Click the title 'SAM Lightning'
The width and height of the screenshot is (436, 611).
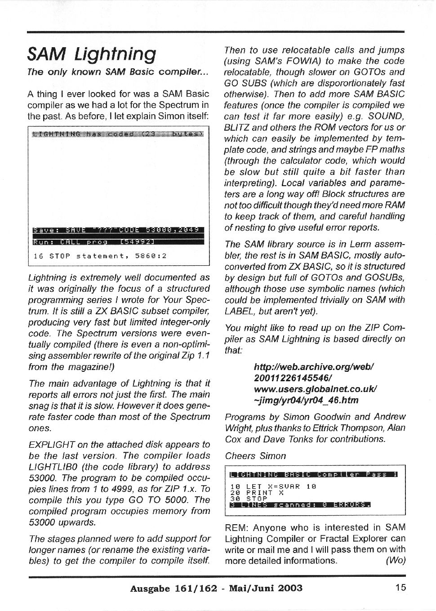pyautogui.click(x=92, y=54)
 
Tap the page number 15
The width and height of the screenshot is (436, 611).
pyautogui.click(x=401, y=587)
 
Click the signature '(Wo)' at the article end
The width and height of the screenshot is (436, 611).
pyautogui.click(x=396, y=561)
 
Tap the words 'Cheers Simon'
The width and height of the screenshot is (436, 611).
pyautogui.click(x=255, y=456)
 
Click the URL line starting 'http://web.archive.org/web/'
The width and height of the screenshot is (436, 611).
pyautogui.click(x=314, y=367)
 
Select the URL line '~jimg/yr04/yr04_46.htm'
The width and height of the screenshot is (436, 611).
pyautogui.click(x=306, y=400)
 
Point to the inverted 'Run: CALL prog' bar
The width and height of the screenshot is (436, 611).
pyautogui.click(x=119, y=242)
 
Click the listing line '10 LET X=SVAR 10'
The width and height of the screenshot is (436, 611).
pyautogui.click(x=273, y=486)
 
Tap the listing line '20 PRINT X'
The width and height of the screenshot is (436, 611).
pyautogui.click(x=258, y=493)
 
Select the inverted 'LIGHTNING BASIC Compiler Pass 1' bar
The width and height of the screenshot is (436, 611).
pyautogui.click(x=313, y=474)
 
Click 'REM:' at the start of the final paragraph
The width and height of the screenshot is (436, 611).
pyautogui.click(x=236, y=528)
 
